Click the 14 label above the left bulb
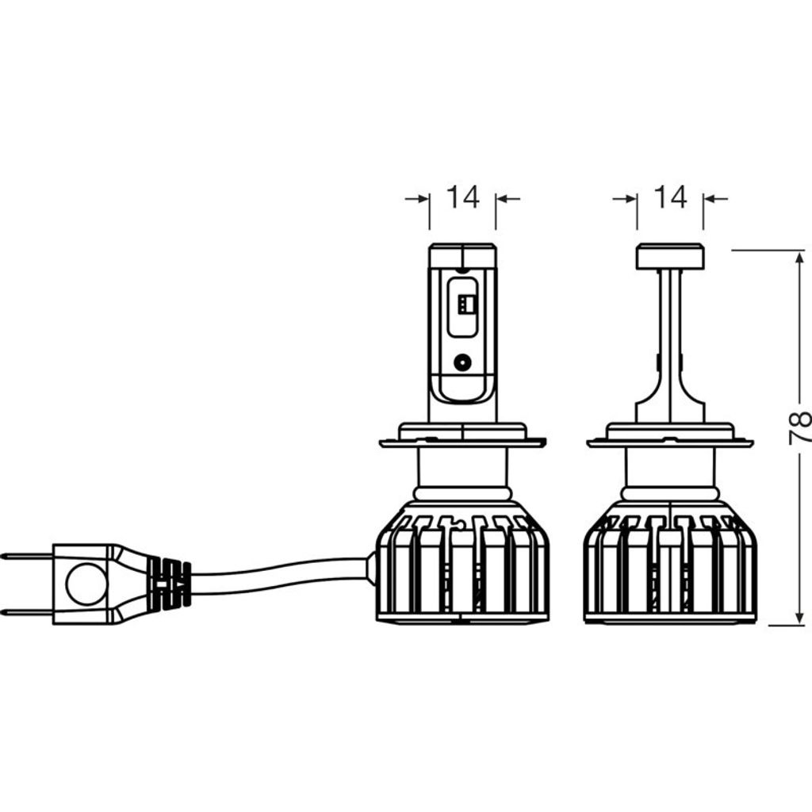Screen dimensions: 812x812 point(463,197)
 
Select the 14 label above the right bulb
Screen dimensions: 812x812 point(670,197)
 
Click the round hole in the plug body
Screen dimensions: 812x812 point(86,584)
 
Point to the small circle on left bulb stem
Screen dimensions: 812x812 point(462,362)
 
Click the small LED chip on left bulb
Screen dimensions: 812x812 point(466,304)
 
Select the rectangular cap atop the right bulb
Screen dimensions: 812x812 point(670,256)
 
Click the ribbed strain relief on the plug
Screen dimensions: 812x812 point(169,584)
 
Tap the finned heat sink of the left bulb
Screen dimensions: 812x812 point(462,562)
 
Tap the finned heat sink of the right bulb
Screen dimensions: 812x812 point(670,562)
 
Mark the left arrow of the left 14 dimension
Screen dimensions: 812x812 point(417,198)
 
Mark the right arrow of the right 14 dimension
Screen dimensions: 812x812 point(716,198)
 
